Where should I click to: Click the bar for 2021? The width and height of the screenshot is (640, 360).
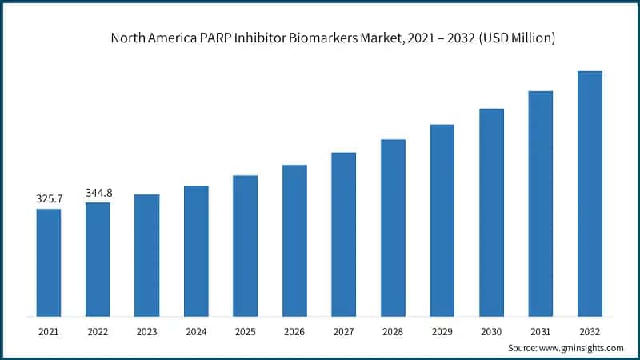click(48, 262)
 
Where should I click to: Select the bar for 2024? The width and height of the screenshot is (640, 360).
click(196, 250)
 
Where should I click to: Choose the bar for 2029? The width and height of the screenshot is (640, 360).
click(442, 220)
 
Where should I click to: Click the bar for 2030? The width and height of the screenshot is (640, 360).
click(491, 212)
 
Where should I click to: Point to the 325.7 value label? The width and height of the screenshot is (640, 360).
click(49, 198)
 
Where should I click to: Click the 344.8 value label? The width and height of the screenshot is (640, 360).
click(98, 193)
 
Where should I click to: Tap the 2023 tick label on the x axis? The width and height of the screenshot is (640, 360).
click(146, 330)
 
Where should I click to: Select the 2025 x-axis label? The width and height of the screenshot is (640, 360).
click(245, 330)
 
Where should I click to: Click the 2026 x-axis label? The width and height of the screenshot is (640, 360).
click(294, 330)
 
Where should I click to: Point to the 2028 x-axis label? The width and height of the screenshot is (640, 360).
click(393, 330)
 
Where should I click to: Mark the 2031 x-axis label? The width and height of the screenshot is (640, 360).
click(540, 330)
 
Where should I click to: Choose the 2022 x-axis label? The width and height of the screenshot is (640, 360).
click(98, 330)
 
